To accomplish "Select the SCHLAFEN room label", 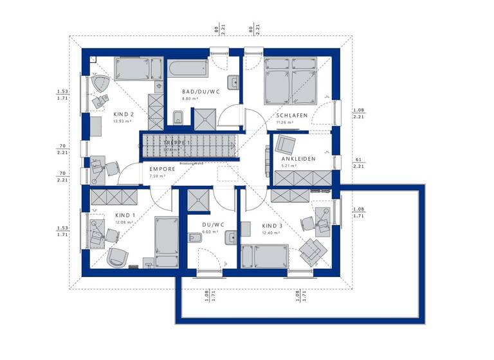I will (292, 115).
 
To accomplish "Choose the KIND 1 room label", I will (126, 215).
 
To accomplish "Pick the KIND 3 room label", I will (272, 226).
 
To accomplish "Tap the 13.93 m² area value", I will (105, 120).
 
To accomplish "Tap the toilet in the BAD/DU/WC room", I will (178, 117).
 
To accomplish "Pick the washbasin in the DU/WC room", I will (231, 238).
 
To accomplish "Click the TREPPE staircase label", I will (176, 142).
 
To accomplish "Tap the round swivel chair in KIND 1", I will (118, 256).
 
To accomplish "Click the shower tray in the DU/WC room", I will (196, 202).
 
